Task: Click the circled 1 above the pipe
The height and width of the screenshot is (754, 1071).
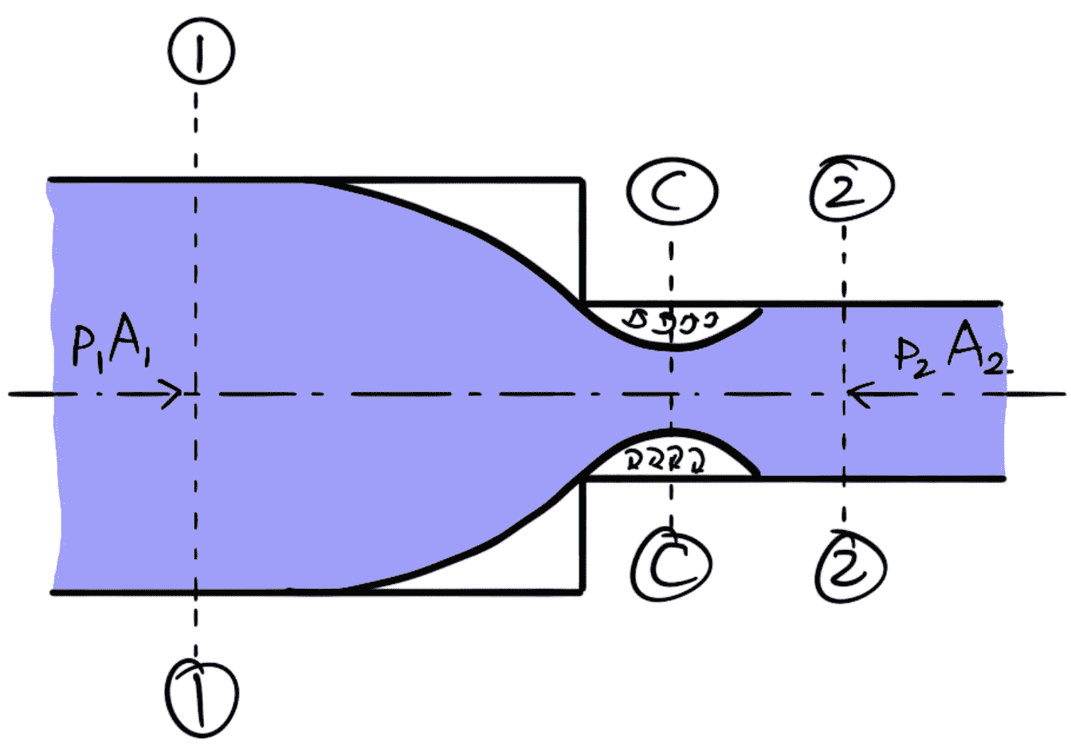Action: click(x=202, y=51)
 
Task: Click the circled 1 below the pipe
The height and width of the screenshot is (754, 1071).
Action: click(x=202, y=698)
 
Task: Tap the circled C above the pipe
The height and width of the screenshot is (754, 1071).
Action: click(x=673, y=191)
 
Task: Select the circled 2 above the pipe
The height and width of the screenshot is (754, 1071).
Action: click(x=852, y=187)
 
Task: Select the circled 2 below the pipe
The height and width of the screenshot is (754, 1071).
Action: click(x=851, y=567)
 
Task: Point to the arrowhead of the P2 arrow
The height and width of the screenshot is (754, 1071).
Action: click(x=848, y=394)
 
